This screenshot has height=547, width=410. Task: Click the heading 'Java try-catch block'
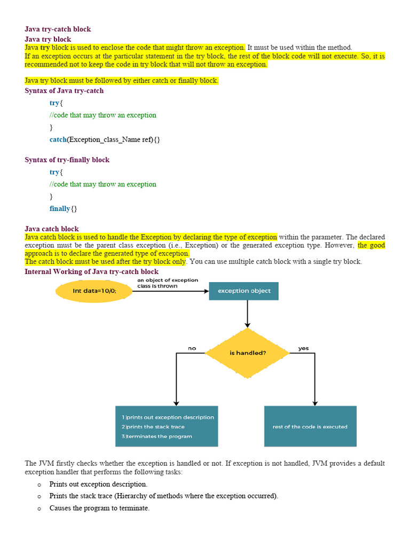click(x=58, y=29)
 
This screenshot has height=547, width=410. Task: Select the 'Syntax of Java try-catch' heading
click(x=64, y=91)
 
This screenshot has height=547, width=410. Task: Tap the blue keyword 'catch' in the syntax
click(x=58, y=139)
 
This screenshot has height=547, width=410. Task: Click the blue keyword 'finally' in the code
click(x=60, y=209)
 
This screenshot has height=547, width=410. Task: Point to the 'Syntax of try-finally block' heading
click(x=67, y=160)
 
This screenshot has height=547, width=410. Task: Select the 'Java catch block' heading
click(x=52, y=229)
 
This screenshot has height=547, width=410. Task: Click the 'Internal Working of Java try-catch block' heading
click(x=91, y=271)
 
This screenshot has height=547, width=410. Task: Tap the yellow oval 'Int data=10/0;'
click(x=94, y=291)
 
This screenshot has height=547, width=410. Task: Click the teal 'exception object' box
click(x=243, y=291)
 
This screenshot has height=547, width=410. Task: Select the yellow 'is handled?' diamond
click(x=248, y=353)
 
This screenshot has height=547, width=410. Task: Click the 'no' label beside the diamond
click(x=192, y=348)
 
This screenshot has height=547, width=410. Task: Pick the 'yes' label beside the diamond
click(x=304, y=348)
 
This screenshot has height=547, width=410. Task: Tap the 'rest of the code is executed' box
click(x=310, y=426)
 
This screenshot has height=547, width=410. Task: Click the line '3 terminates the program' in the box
click(x=156, y=436)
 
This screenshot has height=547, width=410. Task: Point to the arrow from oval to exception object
click(x=171, y=291)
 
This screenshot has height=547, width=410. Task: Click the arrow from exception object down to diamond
click(x=248, y=314)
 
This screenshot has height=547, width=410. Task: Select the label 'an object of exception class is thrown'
click(x=168, y=283)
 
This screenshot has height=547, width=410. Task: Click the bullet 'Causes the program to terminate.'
click(x=99, y=508)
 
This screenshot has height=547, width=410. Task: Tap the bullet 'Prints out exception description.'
click(x=98, y=484)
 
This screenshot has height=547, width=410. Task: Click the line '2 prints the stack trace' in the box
click(x=153, y=427)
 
